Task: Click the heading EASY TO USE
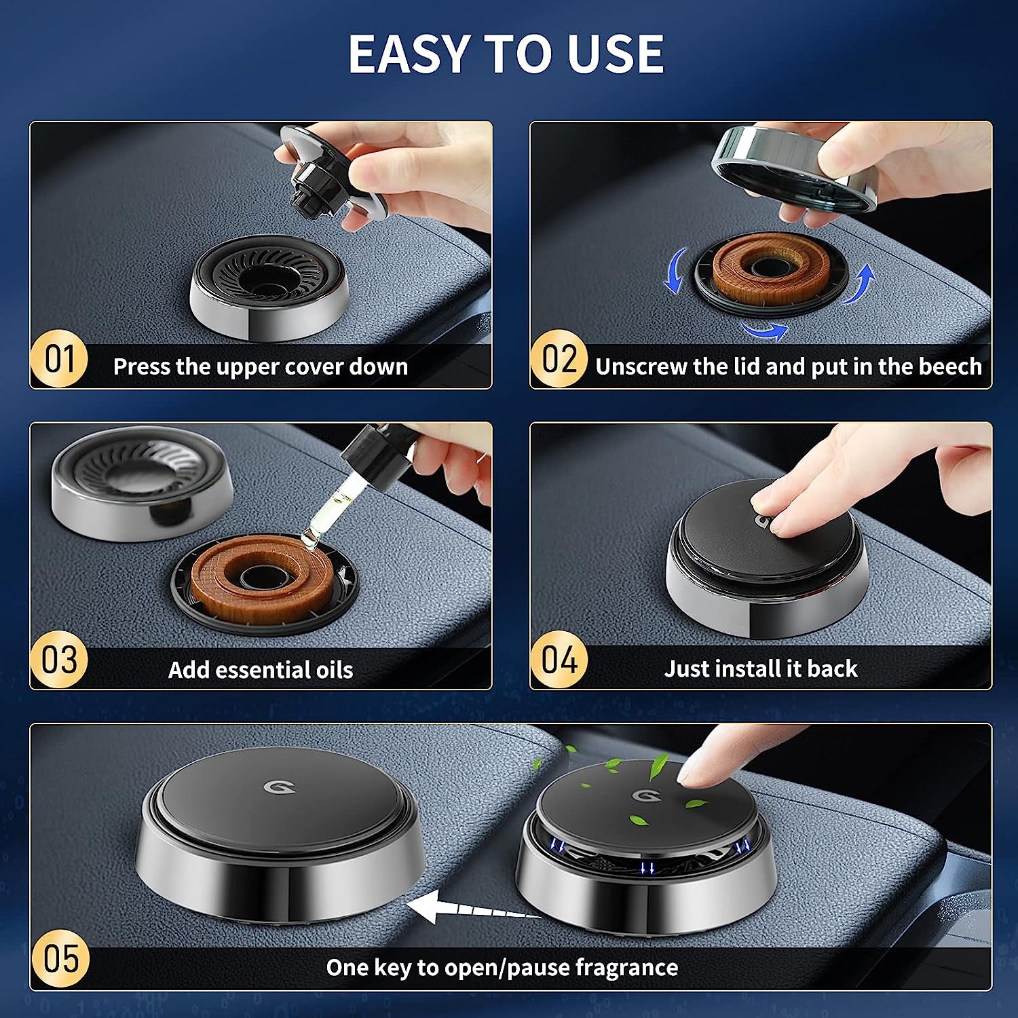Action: [x=506, y=54]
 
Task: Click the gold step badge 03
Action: [x=59, y=660]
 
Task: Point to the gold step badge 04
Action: [x=559, y=660]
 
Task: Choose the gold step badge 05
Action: [x=60, y=958]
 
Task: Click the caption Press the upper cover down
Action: [x=261, y=366]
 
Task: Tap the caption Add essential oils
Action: [x=261, y=670]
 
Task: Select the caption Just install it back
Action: [x=760, y=668]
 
